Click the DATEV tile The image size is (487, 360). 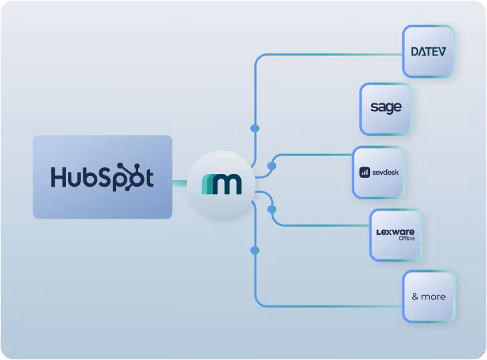[x=428, y=51]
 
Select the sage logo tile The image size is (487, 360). [x=386, y=109]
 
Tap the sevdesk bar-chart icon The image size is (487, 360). [x=365, y=172]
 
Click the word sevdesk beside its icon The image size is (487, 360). [x=385, y=172]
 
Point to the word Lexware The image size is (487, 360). [x=395, y=231]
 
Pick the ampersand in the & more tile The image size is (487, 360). [x=415, y=297]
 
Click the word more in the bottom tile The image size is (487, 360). [x=433, y=297]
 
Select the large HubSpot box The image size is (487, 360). [x=102, y=177]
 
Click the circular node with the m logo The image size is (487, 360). [x=221, y=183]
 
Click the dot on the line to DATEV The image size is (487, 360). [x=254, y=128]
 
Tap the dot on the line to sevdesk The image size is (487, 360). [x=272, y=165]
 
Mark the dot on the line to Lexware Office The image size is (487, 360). [x=272, y=209]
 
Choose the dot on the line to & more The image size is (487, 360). [x=254, y=251]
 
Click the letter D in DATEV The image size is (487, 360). [x=415, y=51]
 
